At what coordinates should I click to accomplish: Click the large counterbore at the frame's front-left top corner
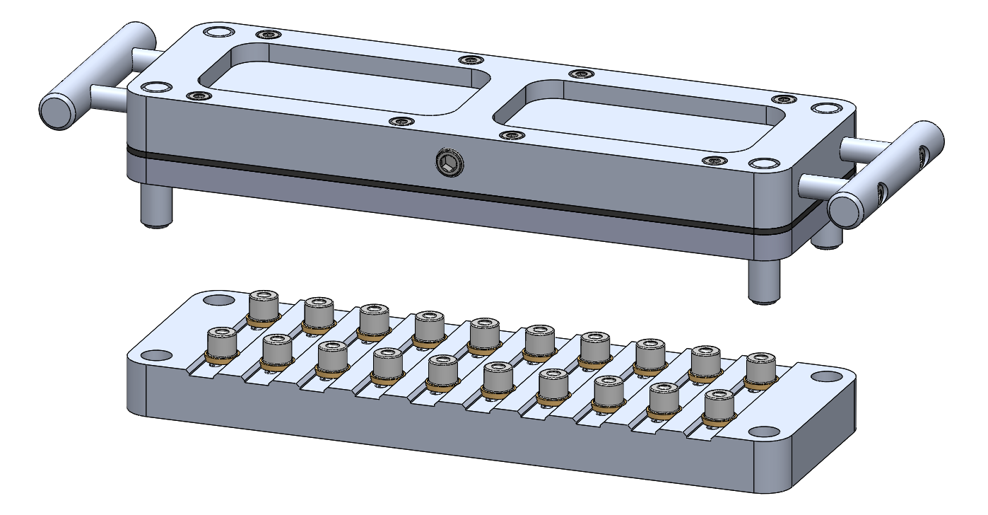[157, 87]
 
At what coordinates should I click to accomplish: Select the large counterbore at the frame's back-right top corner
[823, 108]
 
